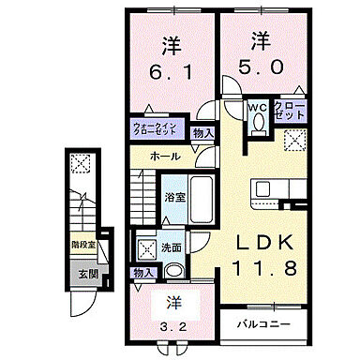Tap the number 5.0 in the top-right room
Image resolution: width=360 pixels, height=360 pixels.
point(261,67)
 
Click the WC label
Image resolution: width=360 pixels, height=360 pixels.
point(256,108)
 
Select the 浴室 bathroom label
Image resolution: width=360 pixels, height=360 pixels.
point(173,199)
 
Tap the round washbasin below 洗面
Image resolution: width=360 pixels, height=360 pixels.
point(175,271)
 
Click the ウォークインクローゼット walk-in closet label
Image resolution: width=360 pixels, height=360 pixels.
point(157,129)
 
